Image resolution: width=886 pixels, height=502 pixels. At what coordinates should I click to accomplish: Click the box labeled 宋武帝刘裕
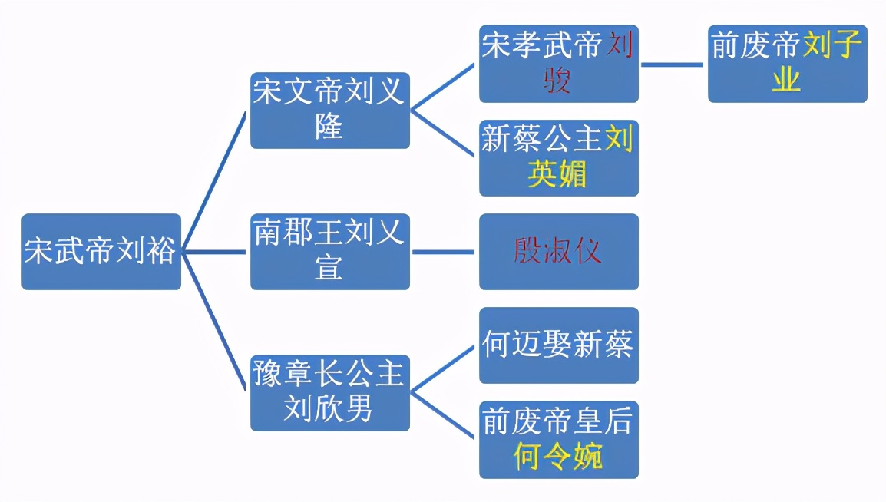pyautogui.click(x=101, y=252)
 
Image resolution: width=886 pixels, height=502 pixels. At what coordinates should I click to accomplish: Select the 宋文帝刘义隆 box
pyautogui.click(x=329, y=111)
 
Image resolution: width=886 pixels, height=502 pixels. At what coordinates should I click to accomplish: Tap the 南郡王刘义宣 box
pyautogui.click(x=329, y=252)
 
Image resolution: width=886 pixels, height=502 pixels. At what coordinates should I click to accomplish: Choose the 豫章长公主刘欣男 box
pyautogui.click(x=329, y=392)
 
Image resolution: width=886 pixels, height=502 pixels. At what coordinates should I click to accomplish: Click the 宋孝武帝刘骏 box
pyautogui.click(x=558, y=64)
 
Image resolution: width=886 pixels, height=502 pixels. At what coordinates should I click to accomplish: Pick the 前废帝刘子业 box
pyautogui.click(x=787, y=64)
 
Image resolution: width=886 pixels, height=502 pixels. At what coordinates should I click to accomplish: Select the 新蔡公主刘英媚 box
pyautogui.click(x=558, y=157)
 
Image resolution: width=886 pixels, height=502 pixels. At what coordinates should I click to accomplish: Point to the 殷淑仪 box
pyautogui.click(x=558, y=252)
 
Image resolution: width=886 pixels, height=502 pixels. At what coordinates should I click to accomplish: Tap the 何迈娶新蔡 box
pyautogui.click(x=558, y=345)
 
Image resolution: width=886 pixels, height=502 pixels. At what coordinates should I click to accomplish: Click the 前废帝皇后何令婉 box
pyautogui.click(x=558, y=439)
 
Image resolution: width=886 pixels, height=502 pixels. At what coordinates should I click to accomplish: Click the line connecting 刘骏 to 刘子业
pyautogui.click(x=673, y=64)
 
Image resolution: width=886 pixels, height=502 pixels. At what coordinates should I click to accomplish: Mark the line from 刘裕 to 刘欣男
pyautogui.click(x=216, y=322)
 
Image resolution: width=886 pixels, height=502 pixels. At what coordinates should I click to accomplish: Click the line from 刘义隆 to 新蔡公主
pyautogui.click(x=444, y=134)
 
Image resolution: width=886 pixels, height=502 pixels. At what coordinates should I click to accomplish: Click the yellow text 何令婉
pyautogui.click(x=558, y=456)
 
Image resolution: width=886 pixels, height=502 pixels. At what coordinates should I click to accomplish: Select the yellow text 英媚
pyautogui.click(x=558, y=174)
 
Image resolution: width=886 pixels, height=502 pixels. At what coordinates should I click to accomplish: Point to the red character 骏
pyautogui.click(x=558, y=81)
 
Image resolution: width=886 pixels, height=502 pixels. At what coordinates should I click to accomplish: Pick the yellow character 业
pyautogui.click(x=787, y=80)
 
